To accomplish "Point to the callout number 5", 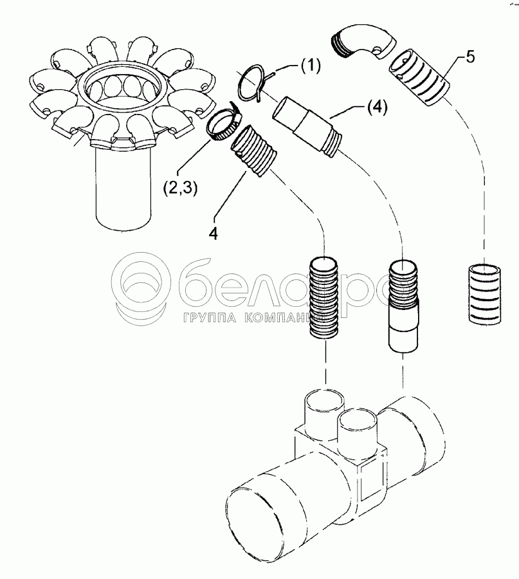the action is coord(469,56).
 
